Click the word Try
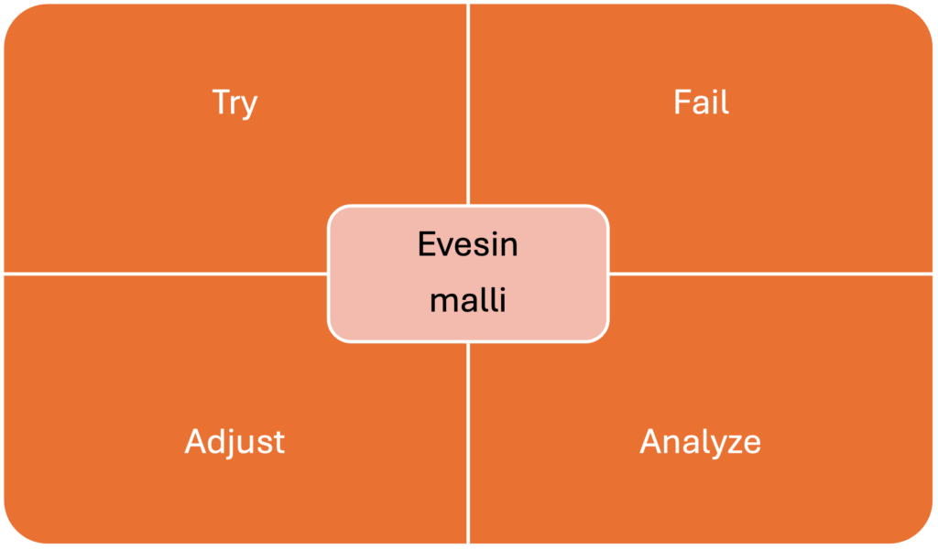click(x=234, y=102)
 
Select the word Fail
click(x=701, y=102)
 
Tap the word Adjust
click(x=234, y=442)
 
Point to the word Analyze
click(x=700, y=442)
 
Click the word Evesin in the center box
click(x=467, y=245)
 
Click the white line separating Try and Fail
click(x=468, y=101)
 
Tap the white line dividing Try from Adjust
click(x=165, y=273)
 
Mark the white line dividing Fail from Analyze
click(x=769, y=273)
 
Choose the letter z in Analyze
click(x=732, y=444)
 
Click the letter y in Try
click(x=249, y=105)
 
